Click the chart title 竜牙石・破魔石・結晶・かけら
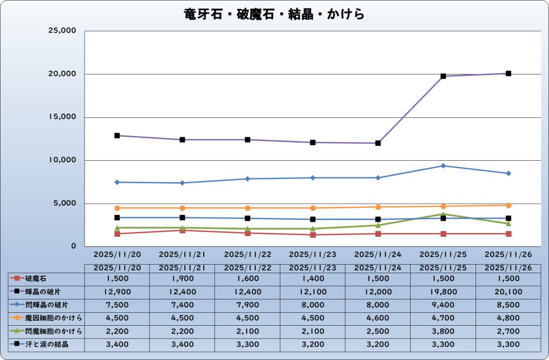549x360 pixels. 274,14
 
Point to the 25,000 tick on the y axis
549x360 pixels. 63,31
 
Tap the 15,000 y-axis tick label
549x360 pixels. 63,117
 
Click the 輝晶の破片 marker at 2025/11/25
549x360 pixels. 443,76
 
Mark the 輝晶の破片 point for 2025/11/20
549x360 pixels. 117,136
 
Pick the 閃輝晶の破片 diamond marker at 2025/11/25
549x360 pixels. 443,166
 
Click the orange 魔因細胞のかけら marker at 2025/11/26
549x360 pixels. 508,205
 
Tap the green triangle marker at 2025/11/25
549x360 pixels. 443,214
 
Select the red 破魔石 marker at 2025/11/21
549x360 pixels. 182,230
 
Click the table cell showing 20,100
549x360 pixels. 508,291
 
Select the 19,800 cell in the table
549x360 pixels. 443,291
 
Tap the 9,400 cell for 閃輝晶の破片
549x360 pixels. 443,305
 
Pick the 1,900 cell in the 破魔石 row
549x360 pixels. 182,279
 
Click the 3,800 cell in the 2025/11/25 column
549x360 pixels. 443,331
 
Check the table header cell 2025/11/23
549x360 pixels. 313,267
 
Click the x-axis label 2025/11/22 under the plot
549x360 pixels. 247,254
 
